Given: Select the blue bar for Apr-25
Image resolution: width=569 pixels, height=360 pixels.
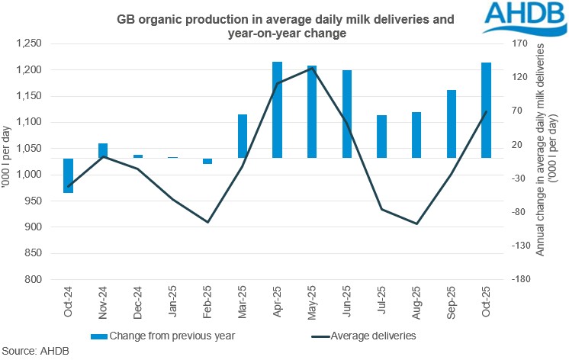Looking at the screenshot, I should click(x=278, y=110).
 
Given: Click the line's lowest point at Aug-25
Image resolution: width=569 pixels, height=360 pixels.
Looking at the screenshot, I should click(x=416, y=223).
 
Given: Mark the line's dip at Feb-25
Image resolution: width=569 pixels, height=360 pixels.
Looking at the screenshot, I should click(x=207, y=222).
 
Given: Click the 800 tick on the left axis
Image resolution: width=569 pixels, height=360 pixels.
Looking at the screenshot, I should click(x=40, y=279).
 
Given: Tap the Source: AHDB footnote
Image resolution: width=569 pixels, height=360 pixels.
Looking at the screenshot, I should click(x=33, y=352).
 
